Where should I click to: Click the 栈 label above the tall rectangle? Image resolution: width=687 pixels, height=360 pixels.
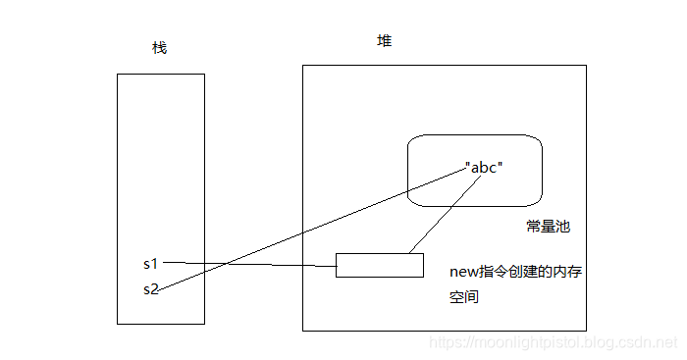159,48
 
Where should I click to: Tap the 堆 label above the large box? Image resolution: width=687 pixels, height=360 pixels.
385,41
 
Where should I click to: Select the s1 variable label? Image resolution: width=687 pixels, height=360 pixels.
150,263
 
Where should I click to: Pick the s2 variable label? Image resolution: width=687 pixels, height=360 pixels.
150,288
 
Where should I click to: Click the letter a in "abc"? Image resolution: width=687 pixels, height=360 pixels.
475,167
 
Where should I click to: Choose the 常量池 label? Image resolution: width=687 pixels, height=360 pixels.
548,227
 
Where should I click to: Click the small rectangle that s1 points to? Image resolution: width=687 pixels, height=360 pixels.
379,265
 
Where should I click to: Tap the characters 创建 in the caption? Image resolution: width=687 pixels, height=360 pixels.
520,272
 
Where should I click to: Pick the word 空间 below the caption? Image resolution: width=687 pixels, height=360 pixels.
463,296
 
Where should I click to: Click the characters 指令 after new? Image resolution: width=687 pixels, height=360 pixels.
490,272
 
